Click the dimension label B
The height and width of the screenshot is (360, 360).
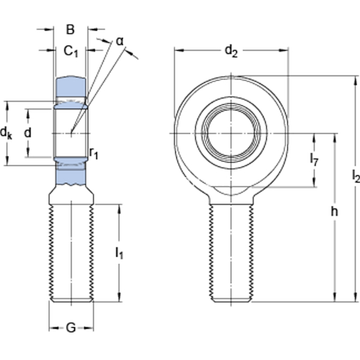pyautogui.click(x=70, y=29)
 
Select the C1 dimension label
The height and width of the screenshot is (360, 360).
pyautogui.click(x=71, y=52)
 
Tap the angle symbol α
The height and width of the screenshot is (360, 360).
pyautogui.click(x=119, y=41)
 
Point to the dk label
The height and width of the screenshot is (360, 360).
pyautogui.click(x=7, y=133)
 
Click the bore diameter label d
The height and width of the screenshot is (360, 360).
pyautogui.click(x=27, y=133)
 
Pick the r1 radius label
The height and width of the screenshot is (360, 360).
pyautogui.click(x=94, y=153)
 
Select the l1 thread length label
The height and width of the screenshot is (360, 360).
pyautogui.click(x=119, y=253)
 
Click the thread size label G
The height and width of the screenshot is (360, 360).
pyautogui.click(x=71, y=328)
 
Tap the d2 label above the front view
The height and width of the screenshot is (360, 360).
pyautogui.click(x=231, y=52)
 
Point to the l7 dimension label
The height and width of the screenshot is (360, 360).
pyautogui.click(x=314, y=159)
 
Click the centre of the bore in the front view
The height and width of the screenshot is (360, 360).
pyautogui.click(x=232, y=133)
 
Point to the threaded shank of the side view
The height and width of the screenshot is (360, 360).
pyautogui.click(x=71, y=252)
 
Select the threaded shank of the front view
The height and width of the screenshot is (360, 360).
pyautogui.click(x=232, y=252)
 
